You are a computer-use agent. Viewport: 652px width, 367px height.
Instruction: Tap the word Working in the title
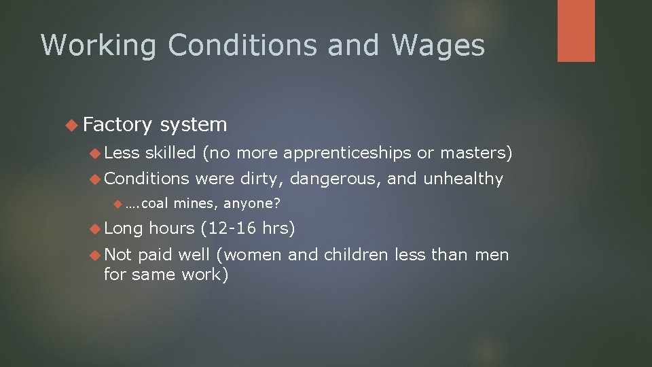99,46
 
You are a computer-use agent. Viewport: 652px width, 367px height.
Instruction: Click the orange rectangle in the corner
576,31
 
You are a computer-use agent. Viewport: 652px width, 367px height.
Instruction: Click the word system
194,124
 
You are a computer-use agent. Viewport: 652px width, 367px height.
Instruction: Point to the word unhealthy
464,179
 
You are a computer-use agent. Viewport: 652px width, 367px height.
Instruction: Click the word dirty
264,179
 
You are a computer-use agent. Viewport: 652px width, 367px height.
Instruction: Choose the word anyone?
252,203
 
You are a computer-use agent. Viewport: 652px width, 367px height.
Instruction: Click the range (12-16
228,228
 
